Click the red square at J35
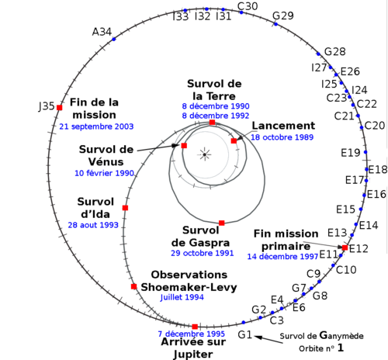[60, 107]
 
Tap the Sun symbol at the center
[205, 154]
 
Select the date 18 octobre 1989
[282, 137]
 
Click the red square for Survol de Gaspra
[222, 223]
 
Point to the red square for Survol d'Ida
[125, 208]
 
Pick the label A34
[102, 32]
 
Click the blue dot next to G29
[275, 24]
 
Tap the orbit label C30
[248, 6]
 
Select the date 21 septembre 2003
[96, 126]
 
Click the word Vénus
[106, 161]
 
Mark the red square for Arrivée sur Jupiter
[195, 327]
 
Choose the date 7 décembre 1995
[192, 334]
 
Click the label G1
[244, 334]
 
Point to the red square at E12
[345, 247]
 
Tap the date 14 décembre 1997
[282, 257]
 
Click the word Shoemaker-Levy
[189, 287]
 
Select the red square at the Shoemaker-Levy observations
[133, 286]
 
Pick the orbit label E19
[351, 153]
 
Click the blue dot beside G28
[318, 54]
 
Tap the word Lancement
[283, 126]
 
